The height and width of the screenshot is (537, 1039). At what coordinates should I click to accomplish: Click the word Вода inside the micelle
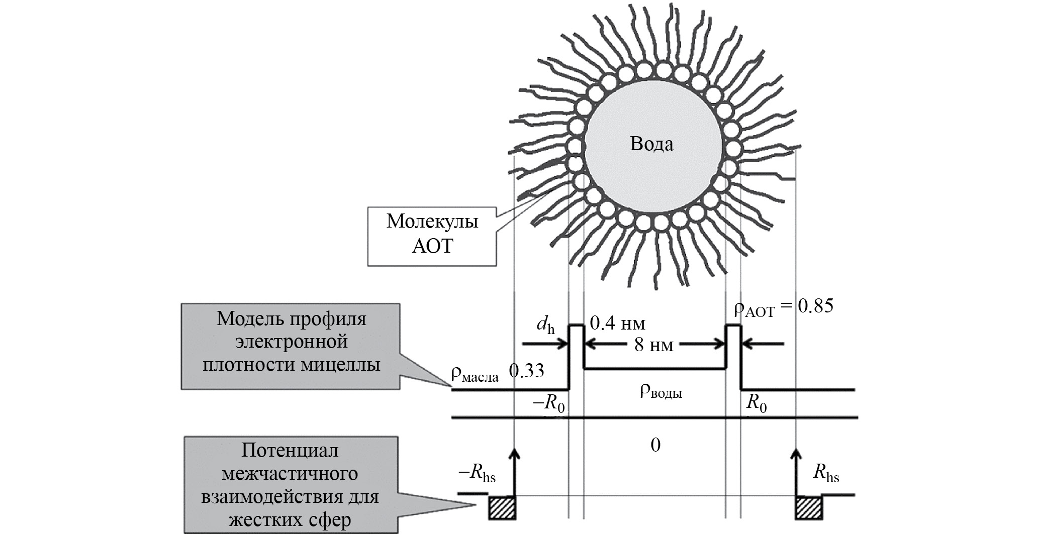651,144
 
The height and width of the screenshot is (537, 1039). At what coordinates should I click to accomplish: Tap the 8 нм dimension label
653,345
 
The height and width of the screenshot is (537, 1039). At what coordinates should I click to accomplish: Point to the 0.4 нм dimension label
617,323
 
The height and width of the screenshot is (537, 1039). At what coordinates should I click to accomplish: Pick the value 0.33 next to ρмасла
526,371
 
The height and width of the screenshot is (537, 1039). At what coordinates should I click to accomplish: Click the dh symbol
545,326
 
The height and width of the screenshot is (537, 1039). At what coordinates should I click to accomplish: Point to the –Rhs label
477,473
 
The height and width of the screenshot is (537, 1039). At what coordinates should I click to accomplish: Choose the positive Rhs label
826,473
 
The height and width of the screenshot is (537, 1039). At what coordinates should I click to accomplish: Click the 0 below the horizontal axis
655,445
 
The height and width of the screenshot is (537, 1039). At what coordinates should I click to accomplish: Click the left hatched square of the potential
502,507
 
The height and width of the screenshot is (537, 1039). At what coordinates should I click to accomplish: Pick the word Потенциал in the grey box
290,451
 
